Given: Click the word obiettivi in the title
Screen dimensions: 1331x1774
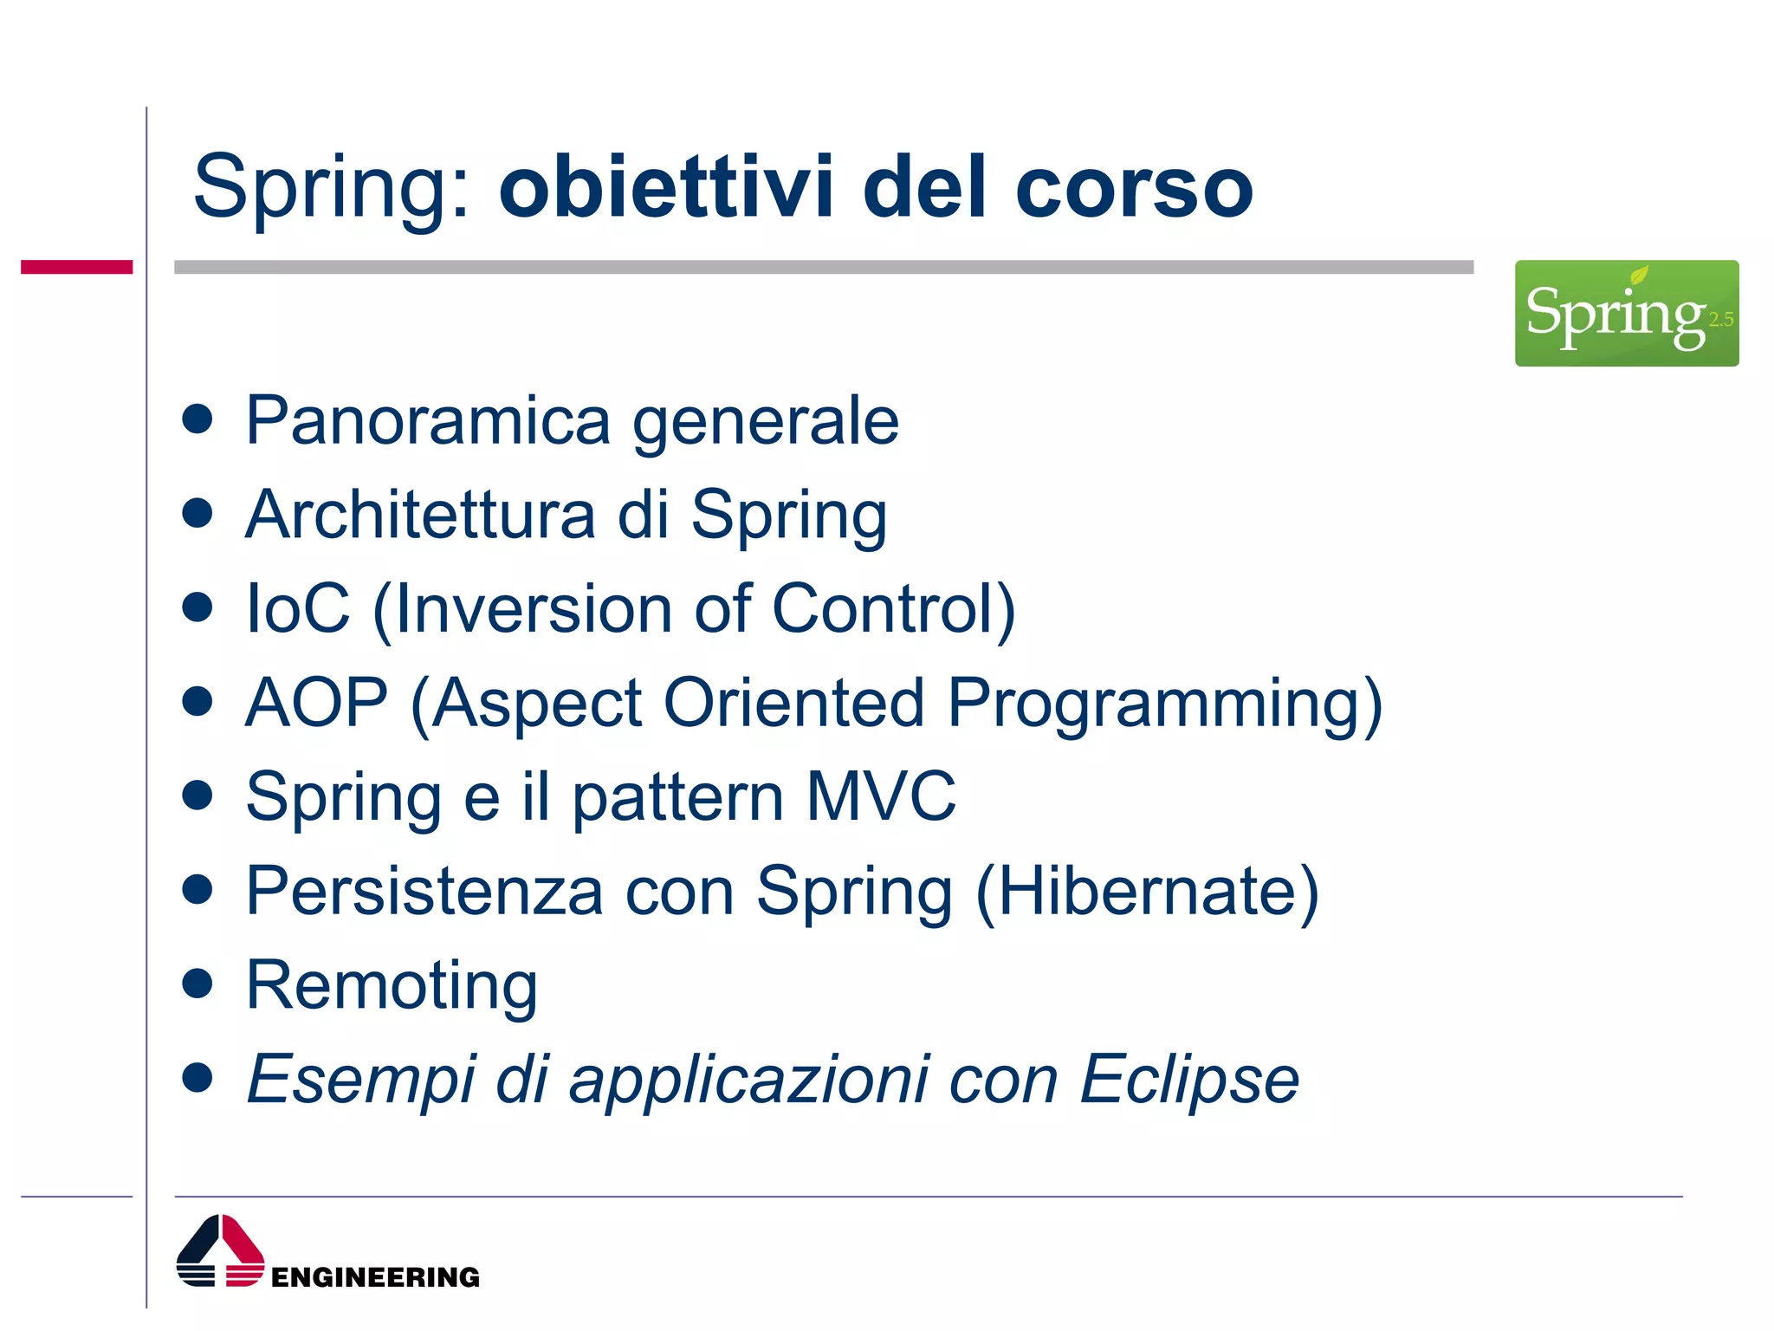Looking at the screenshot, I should [x=665, y=187].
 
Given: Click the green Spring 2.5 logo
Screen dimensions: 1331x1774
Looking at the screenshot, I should [x=1626, y=313].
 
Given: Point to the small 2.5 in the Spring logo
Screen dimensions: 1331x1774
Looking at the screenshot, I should [x=1720, y=320].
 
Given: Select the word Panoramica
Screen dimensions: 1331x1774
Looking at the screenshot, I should [x=429, y=421].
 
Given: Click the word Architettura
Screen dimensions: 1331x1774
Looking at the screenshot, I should [x=420, y=515].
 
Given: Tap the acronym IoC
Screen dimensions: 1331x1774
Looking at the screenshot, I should [x=298, y=608].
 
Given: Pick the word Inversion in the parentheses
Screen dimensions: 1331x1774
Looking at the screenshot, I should [x=533, y=608].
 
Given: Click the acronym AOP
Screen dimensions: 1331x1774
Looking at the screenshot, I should [x=316, y=702].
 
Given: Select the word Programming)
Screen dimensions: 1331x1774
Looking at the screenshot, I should [x=1165, y=704].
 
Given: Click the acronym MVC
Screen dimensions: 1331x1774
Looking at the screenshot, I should [x=881, y=795].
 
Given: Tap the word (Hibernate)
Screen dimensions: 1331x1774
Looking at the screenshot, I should [x=1147, y=891].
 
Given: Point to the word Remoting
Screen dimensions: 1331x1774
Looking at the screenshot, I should [x=392, y=986].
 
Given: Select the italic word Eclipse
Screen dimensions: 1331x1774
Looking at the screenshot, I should [x=1188, y=1080].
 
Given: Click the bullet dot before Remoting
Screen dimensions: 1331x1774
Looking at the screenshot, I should [x=198, y=984].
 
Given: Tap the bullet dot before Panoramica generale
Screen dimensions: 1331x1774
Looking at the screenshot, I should [x=198, y=419].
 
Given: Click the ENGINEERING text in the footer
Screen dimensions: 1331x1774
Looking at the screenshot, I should [x=375, y=1277].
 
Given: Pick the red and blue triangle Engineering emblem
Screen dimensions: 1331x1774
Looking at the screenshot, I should [x=220, y=1251].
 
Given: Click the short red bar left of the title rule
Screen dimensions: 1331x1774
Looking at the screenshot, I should [x=76, y=267].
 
